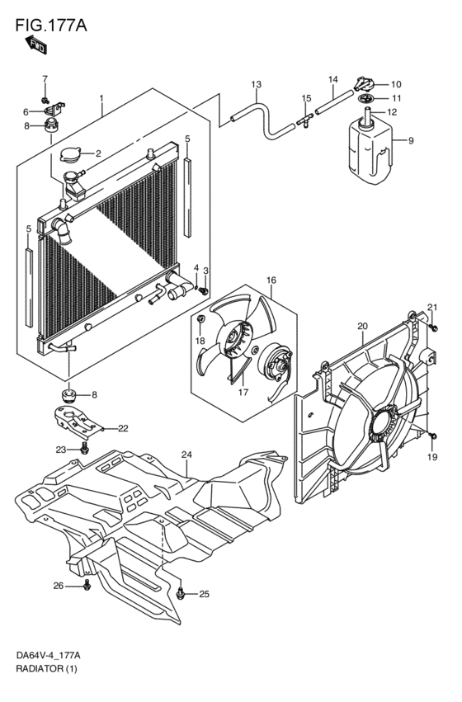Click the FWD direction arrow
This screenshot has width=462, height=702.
click(36, 45)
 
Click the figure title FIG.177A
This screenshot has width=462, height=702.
click(51, 26)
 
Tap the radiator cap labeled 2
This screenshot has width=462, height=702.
click(71, 154)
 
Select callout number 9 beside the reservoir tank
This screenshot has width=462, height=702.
click(411, 140)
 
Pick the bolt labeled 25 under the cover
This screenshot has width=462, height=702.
click(180, 594)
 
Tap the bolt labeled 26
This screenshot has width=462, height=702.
click(87, 585)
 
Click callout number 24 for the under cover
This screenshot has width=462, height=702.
click(186, 455)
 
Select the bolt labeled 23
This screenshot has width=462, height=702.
click(84, 448)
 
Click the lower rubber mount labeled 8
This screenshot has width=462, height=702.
click(68, 396)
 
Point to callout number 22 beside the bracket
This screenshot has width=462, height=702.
click(123, 428)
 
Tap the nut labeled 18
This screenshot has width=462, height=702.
click(201, 319)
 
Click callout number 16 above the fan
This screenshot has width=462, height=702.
click(271, 280)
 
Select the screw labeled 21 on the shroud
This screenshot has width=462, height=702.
click(433, 327)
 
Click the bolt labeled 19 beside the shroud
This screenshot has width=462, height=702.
click(432, 436)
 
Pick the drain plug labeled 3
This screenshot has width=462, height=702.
click(204, 290)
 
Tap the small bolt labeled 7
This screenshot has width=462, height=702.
click(45, 99)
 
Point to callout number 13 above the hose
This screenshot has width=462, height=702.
click(256, 84)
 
